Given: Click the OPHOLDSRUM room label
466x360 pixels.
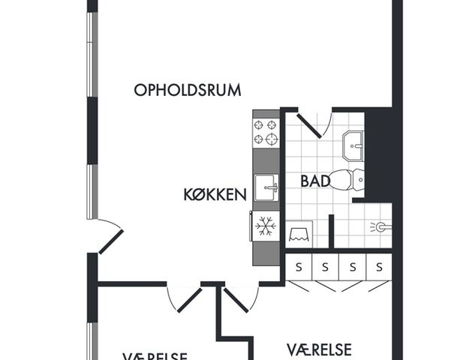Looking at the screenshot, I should [x=187, y=90].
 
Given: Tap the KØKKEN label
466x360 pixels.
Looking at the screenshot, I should [x=215, y=195].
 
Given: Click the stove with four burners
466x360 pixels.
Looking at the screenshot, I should [x=265, y=132].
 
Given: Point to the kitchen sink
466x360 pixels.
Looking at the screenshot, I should [x=265, y=187].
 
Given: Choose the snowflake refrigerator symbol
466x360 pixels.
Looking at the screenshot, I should [x=265, y=226].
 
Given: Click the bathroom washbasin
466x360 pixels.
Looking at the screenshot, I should [x=352, y=145].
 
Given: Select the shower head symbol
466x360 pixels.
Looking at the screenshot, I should [x=381, y=226].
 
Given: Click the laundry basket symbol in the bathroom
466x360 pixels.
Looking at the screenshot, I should [x=301, y=233].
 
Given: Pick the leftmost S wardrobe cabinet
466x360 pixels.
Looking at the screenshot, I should [x=298, y=266].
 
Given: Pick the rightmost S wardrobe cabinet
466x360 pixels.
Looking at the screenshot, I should [x=380, y=266].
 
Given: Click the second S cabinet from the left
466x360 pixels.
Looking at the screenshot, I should [x=325, y=266].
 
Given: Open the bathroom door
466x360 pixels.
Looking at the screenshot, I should [x=310, y=124].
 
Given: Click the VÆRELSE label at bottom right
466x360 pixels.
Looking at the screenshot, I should [x=319, y=349].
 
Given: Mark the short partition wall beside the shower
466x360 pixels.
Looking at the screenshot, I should [x=331, y=231].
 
